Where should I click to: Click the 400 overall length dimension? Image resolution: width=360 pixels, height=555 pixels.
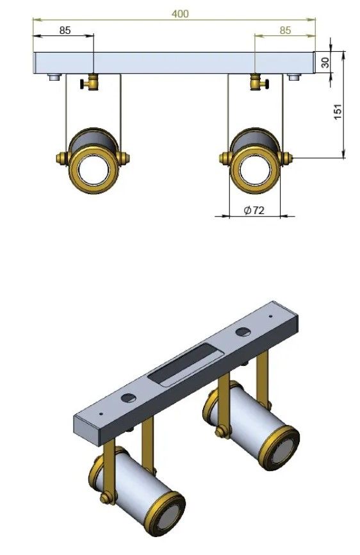(x=180, y=14)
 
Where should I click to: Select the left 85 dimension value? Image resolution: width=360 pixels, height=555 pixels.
(x=65, y=30)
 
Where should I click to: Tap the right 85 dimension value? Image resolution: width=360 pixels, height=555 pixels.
(x=285, y=30)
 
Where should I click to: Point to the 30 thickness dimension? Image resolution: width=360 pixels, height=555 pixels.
(x=325, y=63)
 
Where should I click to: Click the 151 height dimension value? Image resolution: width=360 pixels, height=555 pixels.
(x=338, y=112)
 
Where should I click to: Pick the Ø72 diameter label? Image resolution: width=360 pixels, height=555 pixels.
(x=254, y=210)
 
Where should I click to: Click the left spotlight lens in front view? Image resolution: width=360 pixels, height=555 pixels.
(x=93, y=170)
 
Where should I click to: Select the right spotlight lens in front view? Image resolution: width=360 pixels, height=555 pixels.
(x=255, y=170)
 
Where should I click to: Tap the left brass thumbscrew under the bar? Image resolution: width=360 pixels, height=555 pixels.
(x=90, y=82)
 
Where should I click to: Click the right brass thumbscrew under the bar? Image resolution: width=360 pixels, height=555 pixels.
(x=259, y=82)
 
